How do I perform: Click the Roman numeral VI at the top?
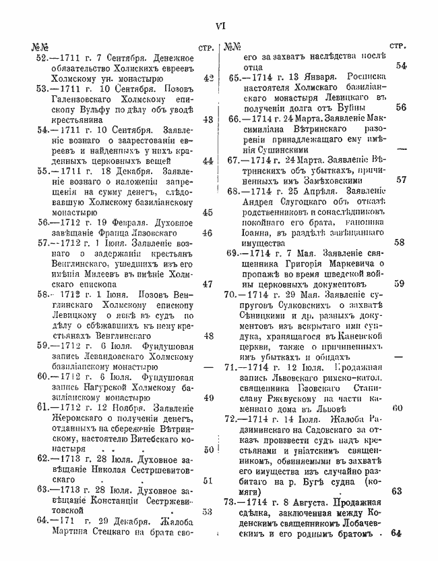219,26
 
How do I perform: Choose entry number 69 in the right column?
237,253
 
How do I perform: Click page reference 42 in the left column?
208,78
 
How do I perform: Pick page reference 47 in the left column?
208,284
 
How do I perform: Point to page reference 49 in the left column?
208,398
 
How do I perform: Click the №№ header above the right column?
233,47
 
